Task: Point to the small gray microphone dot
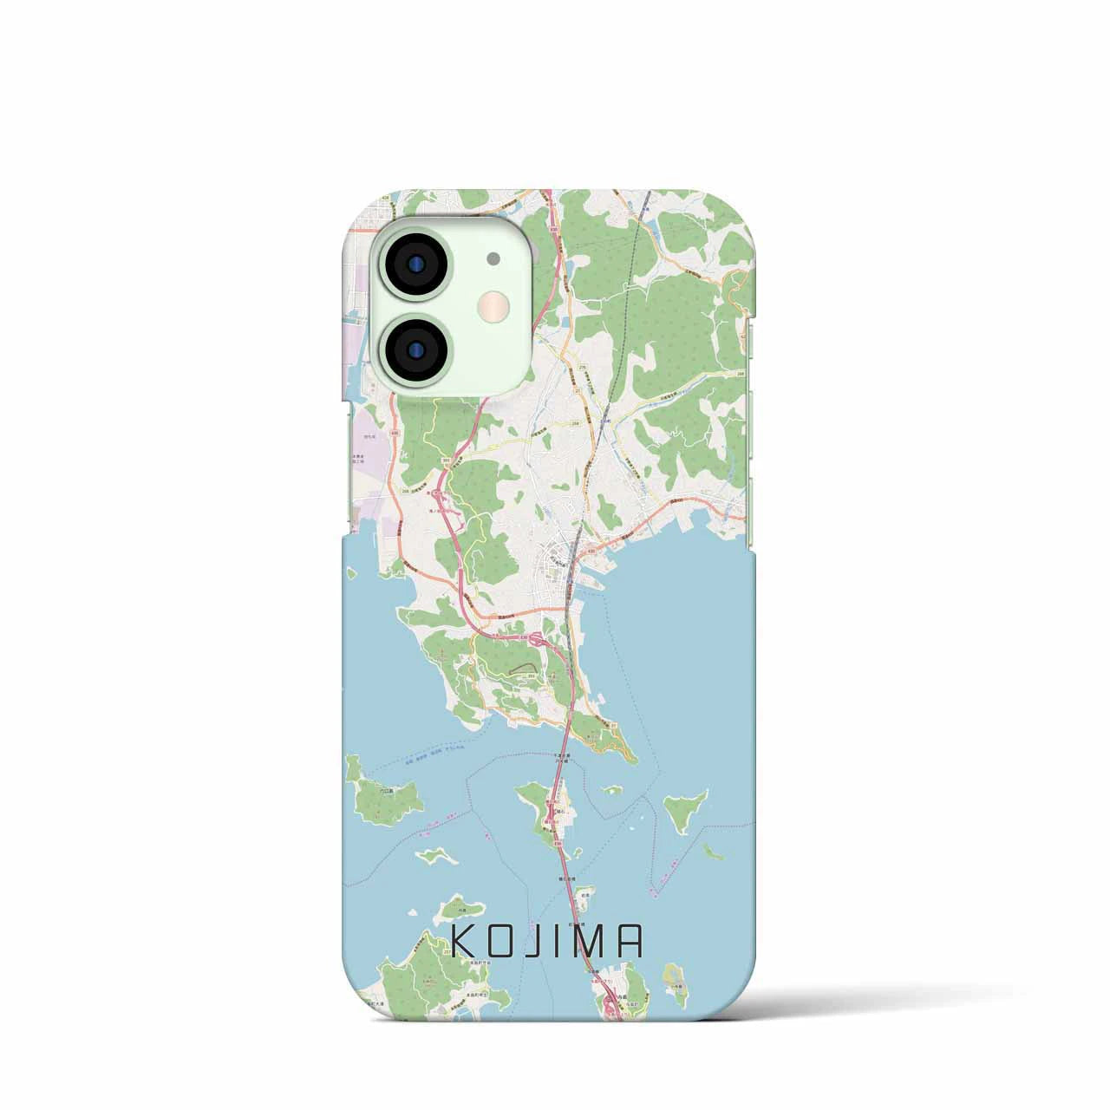(493, 258)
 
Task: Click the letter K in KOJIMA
(461, 942)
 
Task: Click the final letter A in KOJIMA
(630, 942)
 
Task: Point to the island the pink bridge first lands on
(546, 806)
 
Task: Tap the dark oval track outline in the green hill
(520, 669)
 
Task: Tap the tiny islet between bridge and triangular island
(612, 790)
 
